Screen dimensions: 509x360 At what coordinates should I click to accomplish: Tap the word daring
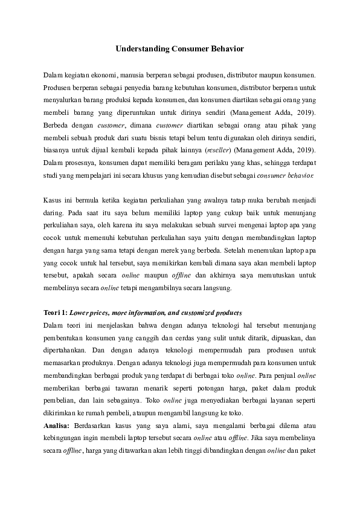(x=53, y=213)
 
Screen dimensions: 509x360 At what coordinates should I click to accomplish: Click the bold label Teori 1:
(x=56, y=313)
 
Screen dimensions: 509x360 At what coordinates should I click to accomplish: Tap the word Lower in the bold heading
(x=80, y=313)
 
